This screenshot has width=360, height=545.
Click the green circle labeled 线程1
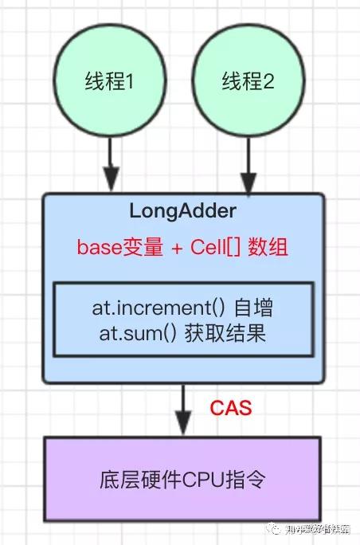110,82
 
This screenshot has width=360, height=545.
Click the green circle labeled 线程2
248,82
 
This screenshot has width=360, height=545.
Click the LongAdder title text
182,212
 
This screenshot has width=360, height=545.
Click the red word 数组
268,246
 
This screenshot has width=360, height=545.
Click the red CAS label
231,409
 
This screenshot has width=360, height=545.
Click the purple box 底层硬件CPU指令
182,480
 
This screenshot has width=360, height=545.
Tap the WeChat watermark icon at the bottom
273,529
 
